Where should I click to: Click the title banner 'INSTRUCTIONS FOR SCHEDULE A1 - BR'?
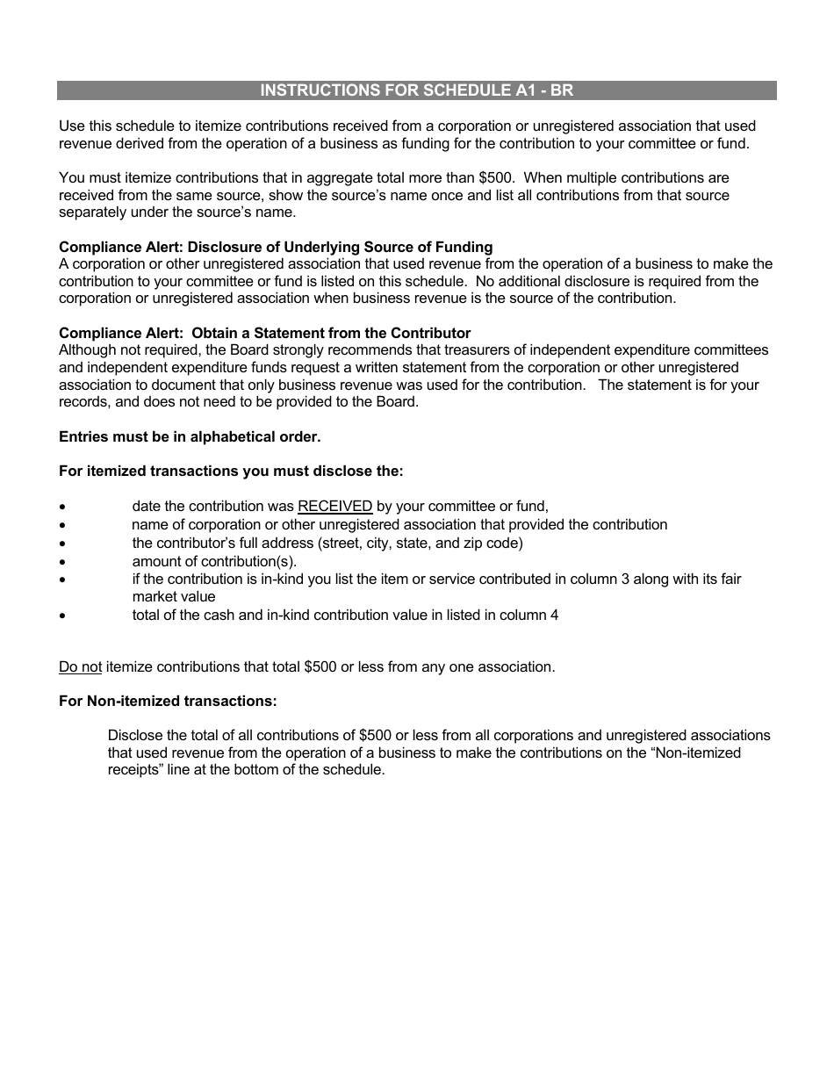point(417,90)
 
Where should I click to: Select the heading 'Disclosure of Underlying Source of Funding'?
point(340,247)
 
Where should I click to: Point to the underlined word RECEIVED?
point(335,507)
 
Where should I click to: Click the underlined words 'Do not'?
point(80,666)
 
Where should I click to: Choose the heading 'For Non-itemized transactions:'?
point(168,701)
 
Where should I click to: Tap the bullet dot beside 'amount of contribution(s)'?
point(62,562)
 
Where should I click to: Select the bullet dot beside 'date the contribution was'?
point(62,508)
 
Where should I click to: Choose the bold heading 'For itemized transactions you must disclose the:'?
point(231,471)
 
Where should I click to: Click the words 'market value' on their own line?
point(174,597)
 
